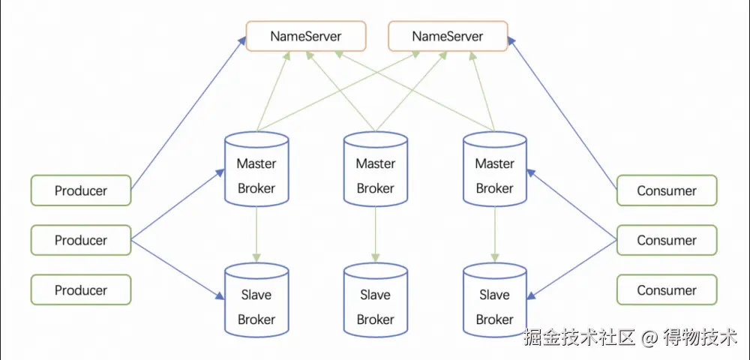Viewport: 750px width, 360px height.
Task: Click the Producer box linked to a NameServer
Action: tap(81, 190)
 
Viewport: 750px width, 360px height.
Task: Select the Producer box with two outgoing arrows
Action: tap(81, 240)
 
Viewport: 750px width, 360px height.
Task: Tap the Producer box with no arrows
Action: tap(81, 290)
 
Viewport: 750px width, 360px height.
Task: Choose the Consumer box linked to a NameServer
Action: tap(667, 190)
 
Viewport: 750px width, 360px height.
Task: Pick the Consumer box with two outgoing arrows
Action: tap(667, 240)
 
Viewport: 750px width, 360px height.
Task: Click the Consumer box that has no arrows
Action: tap(667, 290)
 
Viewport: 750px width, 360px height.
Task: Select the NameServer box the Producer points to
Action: tap(306, 36)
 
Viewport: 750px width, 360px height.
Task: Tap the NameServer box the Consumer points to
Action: tap(448, 36)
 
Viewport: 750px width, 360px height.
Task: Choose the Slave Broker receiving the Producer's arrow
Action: tap(256, 300)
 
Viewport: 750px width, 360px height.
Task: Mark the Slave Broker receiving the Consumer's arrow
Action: tap(495, 300)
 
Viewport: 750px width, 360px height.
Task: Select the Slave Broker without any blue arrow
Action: tap(376, 300)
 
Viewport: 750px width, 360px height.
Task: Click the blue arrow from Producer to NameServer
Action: tap(189, 112)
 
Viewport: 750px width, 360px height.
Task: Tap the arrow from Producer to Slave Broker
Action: tap(178, 268)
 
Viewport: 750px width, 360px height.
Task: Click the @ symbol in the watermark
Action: tap(649, 338)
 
